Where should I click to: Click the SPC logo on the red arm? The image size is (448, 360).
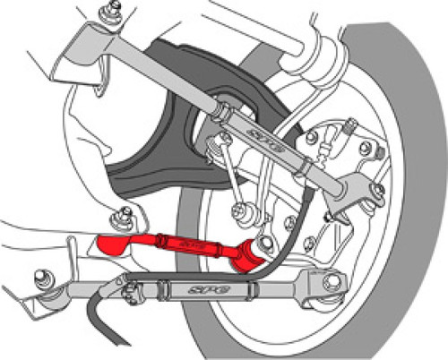tap(187, 243)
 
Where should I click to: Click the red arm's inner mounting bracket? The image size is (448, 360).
tap(113, 244)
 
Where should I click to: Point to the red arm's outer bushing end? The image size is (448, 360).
tap(256, 250)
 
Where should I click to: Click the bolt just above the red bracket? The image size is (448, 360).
tap(121, 215)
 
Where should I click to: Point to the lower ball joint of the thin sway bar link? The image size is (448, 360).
tap(240, 213)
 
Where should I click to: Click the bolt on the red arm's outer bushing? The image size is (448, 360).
tap(265, 244)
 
